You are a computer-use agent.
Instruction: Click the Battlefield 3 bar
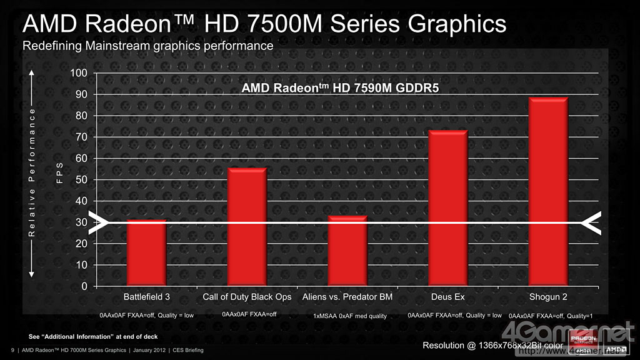pyautogui.click(x=146, y=252)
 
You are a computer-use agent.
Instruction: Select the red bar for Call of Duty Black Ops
pyautogui.click(x=247, y=226)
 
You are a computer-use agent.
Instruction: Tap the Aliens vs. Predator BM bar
pyautogui.click(x=347, y=251)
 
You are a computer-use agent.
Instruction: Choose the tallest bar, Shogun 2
pyautogui.click(x=548, y=191)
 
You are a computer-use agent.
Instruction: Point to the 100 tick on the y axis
pyautogui.click(x=79, y=73)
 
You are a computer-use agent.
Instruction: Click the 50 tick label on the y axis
pyautogui.click(x=81, y=180)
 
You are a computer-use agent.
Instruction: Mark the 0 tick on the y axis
pyautogui.click(x=84, y=286)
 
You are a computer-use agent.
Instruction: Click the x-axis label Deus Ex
pyautogui.click(x=447, y=296)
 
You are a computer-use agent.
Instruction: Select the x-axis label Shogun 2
pyautogui.click(x=548, y=296)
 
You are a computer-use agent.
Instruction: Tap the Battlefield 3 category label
pyautogui.click(x=146, y=296)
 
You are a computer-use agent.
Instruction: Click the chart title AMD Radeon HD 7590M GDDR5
pyautogui.click(x=340, y=89)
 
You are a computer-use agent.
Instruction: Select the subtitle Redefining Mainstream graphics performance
pyautogui.click(x=147, y=46)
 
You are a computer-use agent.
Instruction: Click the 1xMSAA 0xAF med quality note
pyautogui.click(x=350, y=316)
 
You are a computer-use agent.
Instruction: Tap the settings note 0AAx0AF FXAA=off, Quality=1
pyautogui.click(x=551, y=316)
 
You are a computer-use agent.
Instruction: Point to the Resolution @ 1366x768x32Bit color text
pyautogui.click(x=492, y=346)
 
